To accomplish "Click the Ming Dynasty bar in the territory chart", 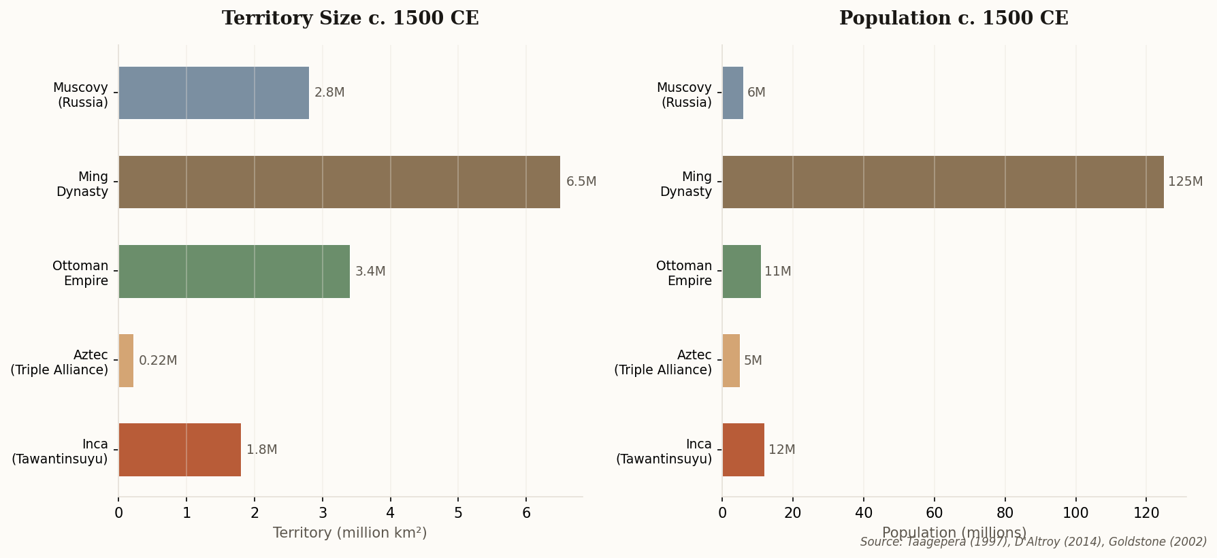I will (339, 182).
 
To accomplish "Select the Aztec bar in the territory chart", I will (126, 361).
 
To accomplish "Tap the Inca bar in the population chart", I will (743, 450).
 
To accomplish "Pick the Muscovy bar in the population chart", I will (733, 93).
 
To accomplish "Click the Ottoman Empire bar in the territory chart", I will (234, 272).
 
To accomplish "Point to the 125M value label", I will (1185, 182).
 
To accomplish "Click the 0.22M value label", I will (158, 361).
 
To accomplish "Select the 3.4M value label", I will (370, 272).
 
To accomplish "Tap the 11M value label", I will (777, 272).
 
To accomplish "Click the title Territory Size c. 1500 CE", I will (351, 18).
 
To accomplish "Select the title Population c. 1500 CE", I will (954, 18).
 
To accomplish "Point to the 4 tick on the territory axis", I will (390, 513).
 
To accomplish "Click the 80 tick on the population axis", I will (1005, 513).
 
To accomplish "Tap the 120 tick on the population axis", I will (1146, 513).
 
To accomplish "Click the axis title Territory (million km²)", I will (350, 533).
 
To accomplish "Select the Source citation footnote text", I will (1033, 542).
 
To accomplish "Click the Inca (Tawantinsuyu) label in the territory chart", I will (60, 451).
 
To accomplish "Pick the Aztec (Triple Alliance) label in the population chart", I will (663, 362).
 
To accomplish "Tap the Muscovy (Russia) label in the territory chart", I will (80, 95).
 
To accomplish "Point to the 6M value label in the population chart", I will (756, 93).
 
